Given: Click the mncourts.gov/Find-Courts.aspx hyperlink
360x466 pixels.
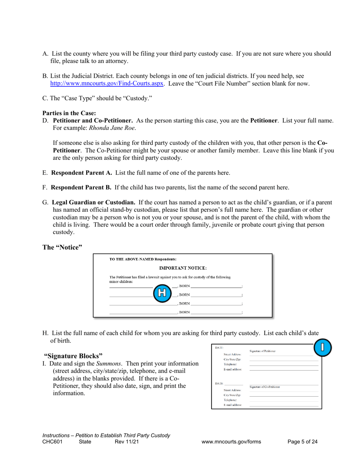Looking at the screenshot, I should click(107, 83).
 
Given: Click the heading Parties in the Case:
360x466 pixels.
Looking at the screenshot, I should click(69, 113).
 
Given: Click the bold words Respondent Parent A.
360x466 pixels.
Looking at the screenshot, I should click(81, 173).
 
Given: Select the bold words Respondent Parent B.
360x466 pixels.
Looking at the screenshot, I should click(81, 187).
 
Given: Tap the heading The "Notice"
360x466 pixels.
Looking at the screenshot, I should click(62, 247).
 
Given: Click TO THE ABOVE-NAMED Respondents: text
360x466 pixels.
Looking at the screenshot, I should click(143, 260).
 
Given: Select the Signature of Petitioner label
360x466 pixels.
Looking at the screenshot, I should click(262, 351).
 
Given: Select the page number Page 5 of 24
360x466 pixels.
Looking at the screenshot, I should click(302, 442).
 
